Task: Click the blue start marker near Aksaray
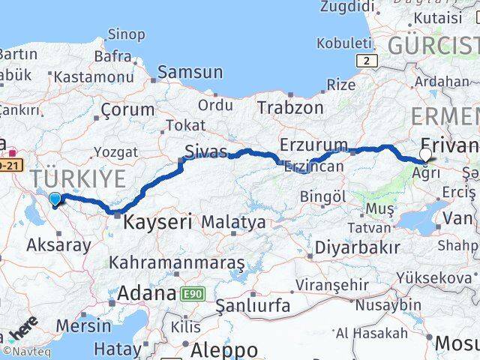(55, 199)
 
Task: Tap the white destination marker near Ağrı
(426, 155)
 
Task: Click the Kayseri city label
(157, 221)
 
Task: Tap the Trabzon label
(290, 107)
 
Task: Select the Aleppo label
(224, 349)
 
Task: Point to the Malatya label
(233, 222)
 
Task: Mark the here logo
(25, 329)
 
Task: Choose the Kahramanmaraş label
(176, 262)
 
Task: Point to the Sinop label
(126, 34)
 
